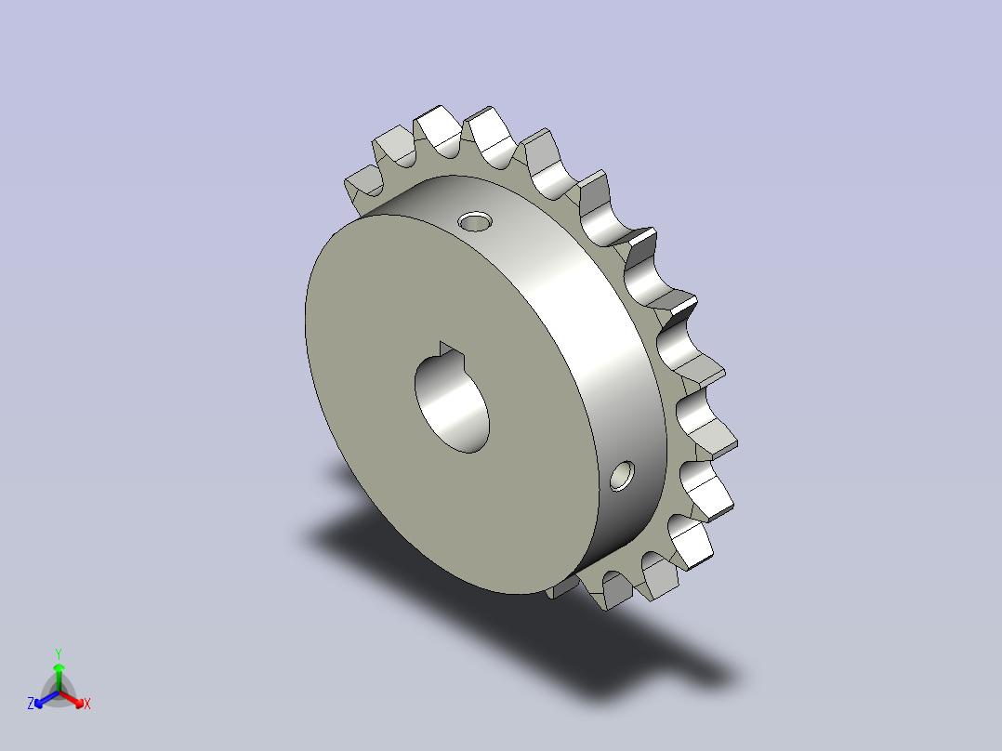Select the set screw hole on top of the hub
[475, 222]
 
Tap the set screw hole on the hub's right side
[622, 476]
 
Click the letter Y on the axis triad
[59, 653]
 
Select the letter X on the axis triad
[87, 704]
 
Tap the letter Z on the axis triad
[31, 704]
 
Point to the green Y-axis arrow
[59, 678]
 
